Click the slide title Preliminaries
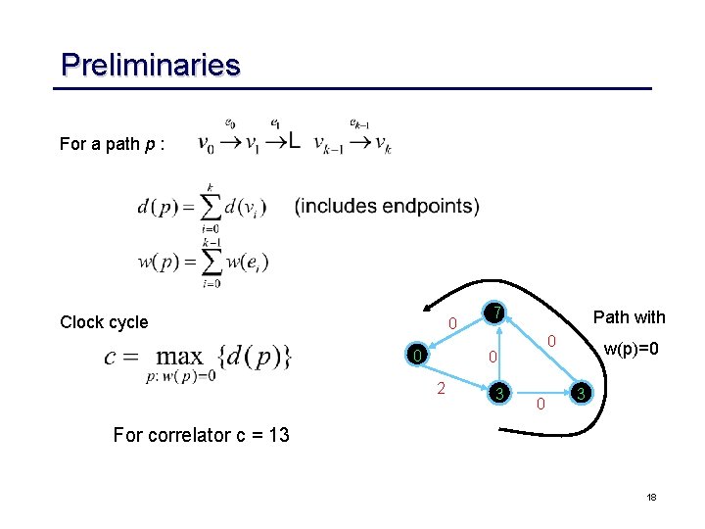(x=150, y=66)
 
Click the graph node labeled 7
(x=497, y=313)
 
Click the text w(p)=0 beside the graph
(x=632, y=350)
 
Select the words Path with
(x=629, y=317)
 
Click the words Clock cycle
(x=104, y=322)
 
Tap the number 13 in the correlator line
(x=277, y=435)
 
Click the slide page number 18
(x=650, y=499)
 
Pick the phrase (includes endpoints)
(x=387, y=206)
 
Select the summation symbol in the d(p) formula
(x=209, y=208)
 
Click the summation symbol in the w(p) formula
(x=209, y=262)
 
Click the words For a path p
(x=112, y=144)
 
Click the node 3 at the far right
(x=581, y=394)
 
